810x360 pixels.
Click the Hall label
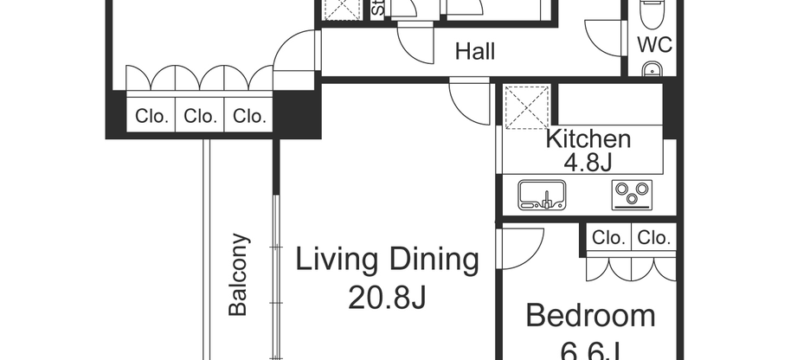click(475, 52)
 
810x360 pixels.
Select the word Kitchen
click(588, 138)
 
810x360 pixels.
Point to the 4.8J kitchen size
click(588, 162)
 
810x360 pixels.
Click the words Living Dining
click(388, 260)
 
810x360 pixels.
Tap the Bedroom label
click(591, 316)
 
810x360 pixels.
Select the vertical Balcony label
click(239, 274)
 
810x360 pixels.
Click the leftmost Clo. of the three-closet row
click(151, 116)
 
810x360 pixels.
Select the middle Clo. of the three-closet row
click(200, 116)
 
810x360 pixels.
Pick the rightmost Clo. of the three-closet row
click(248, 116)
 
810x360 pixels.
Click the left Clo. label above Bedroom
click(609, 238)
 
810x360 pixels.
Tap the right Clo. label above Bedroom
click(653, 238)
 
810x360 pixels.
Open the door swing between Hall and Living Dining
click(470, 100)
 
